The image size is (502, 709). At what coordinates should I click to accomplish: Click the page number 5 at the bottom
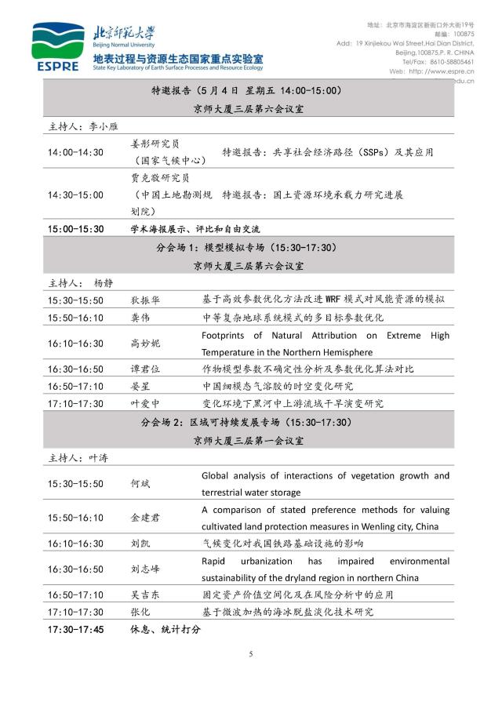[251, 654]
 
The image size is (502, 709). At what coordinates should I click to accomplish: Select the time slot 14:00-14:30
[75, 152]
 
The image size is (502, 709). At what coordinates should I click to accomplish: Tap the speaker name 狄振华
[146, 300]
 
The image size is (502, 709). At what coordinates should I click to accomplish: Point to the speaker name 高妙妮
[146, 344]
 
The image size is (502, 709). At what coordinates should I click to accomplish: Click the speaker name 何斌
[140, 484]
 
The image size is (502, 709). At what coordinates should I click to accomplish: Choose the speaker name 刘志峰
[146, 569]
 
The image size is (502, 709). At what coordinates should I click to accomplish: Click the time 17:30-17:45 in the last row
[75, 629]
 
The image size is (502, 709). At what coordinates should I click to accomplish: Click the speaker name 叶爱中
[146, 404]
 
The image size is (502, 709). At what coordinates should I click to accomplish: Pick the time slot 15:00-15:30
[75, 229]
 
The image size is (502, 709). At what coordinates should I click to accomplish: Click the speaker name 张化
[140, 612]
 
